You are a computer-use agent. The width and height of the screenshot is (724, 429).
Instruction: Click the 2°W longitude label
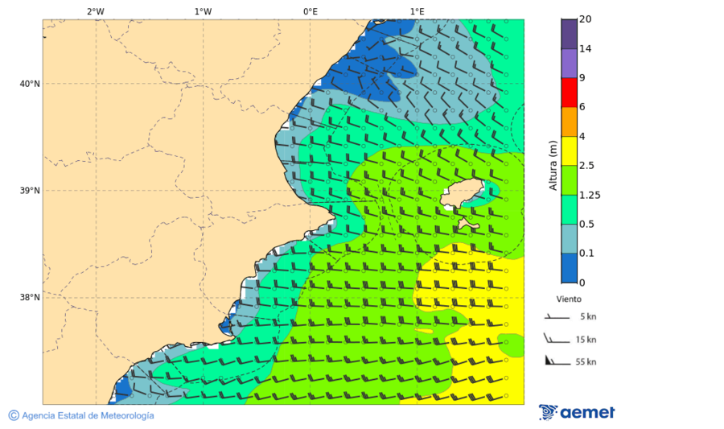(x=95, y=11)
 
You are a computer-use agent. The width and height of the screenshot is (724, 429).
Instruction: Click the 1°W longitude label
(x=203, y=11)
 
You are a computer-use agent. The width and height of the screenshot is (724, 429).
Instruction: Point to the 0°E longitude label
(x=310, y=11)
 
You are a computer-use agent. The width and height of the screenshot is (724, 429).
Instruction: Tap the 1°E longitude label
(x=418, y=11)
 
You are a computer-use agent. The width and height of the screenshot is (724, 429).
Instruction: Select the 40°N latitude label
(x=30, y=84)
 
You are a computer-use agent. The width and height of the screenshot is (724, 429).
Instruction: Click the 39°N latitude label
(x=30, y=191)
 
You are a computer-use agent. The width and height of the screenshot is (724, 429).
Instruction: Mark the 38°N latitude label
(x=30, y=298)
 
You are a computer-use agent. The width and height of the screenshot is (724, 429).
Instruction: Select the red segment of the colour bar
(x=569, y=92)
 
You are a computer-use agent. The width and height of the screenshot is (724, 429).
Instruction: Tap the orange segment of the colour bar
(x=569, y=122)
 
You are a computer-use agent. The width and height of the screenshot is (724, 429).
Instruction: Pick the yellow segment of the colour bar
(x=569, y=151)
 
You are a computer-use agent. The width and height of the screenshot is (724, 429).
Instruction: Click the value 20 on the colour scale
(x=586, y=19)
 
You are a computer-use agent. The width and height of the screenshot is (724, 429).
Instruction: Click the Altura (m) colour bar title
(x=553, y=165)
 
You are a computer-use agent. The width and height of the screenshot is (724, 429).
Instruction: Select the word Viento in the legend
(x=569, y=299)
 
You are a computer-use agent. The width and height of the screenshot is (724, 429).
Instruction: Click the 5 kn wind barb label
(x=587, y=317)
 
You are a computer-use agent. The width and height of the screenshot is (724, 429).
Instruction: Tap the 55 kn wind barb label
(x=586, y=362)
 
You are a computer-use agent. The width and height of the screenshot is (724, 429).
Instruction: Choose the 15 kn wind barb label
(x=586, y=340)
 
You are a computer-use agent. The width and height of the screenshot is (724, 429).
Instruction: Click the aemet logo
(x=577, y=412)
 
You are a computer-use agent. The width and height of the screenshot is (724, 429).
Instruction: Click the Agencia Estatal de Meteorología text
(x=87, y=415)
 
